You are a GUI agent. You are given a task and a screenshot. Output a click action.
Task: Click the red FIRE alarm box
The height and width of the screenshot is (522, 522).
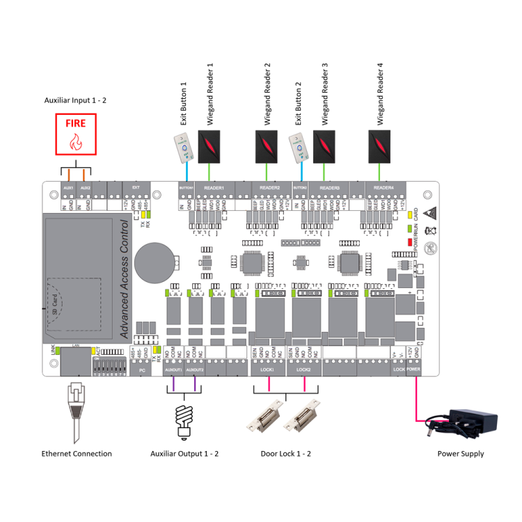[x=76, y=134]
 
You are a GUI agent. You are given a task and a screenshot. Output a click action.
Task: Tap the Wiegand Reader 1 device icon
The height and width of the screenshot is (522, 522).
[x=211, y=144]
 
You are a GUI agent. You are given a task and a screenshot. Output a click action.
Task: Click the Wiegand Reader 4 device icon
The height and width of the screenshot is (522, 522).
[x=381, y=144]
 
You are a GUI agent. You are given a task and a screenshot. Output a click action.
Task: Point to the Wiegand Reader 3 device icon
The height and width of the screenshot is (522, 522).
[x=324, y=144]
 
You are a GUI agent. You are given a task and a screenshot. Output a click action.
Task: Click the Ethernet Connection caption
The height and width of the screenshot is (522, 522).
[x=77, y=454]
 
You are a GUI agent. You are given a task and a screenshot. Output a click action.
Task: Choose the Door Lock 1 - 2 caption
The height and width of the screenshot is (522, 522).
[x=285, y=454]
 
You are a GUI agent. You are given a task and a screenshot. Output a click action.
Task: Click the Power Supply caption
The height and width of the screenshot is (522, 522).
[x=460, y=454]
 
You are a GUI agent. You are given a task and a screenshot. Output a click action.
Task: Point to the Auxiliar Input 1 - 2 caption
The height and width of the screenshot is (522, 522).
[x=75, y=100]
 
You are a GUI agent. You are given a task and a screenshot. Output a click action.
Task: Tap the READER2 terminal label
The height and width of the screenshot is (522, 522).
[x=269, y=188]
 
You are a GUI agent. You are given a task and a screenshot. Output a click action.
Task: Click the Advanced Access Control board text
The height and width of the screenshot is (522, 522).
[x=125, y=279]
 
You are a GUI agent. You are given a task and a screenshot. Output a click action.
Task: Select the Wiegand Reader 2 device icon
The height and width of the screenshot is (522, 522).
[x=267, y=144]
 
